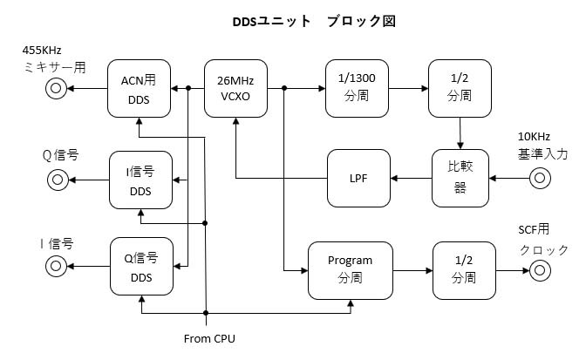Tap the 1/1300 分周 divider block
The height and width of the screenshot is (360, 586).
[356, 88]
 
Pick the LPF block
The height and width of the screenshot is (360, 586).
[359, 179]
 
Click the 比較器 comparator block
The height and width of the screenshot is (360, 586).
[460, 179]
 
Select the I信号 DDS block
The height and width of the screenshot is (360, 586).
[140, 180]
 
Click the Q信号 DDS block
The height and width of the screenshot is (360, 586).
[140, 267]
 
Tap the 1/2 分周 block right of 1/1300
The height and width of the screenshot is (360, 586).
[459, 88]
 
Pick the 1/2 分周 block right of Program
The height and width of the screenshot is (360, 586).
[464, 269]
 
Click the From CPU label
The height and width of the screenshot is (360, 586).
[209, 337]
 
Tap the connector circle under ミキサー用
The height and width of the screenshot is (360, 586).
[58, 88]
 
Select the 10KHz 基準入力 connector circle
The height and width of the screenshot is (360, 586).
[540, 180]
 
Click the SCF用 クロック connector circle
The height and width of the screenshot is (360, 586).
[540, 270]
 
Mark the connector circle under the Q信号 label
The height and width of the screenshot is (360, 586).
[58, 180]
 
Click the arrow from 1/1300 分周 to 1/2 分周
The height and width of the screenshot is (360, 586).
[408, 88]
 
